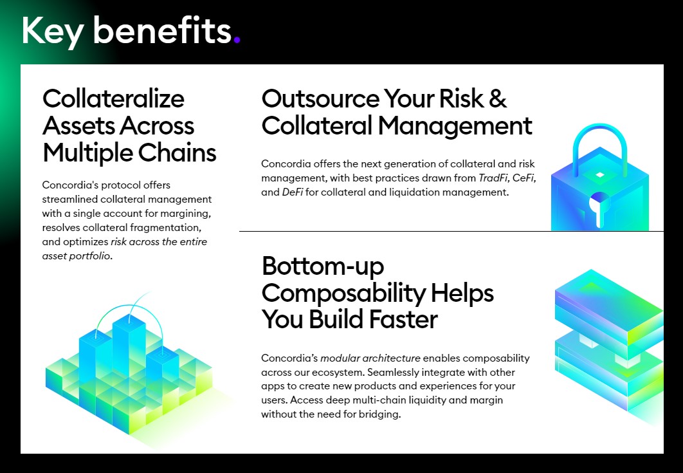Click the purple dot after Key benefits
pyautogui.click(x=237, y=40)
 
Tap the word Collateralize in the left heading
pyautogui.click(x=113, y=98)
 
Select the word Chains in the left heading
pyautogui.click(x=177, y=153)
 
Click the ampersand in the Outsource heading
pyautogui.click(x=497, y=98)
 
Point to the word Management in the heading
pyautogui.click(x=455, y=126)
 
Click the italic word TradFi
pyautogui.click(x=493, y=178)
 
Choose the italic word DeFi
pyautogui.click(x=293, y=192)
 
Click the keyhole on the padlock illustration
pyautogui.click(x=599, y=207)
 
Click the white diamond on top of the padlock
pyautogui.click(x=600, y=175)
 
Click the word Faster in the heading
pyautogui.click(x=403, y=320)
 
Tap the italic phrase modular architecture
pyautogui.click(x=370, y=358)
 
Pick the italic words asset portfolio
pyautogui.click(x=77, y=256)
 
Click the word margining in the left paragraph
pyautogui.click(x=186, y=214)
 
